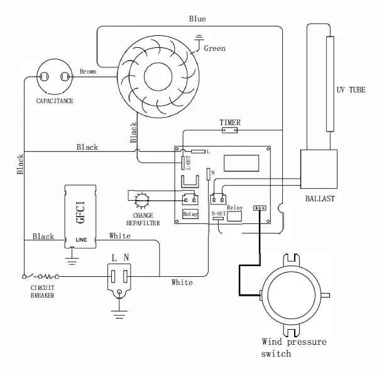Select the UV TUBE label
click(x=351, y=90)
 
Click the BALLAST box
click(x=317, y=169)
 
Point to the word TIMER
click(x=230, y=122)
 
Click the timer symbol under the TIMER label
click(x=230, y=131)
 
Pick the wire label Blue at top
click(x=197, y=19)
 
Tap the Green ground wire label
click(x=214, y=48)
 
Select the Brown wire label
click(x=88, y=72)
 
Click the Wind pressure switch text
click(x=294, y=347)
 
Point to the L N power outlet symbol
click(x=120, y=276)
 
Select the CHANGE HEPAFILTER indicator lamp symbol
click(x=142, y=200)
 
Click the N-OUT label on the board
click(x=219, y=214)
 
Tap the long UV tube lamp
click(x=330, y=85)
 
